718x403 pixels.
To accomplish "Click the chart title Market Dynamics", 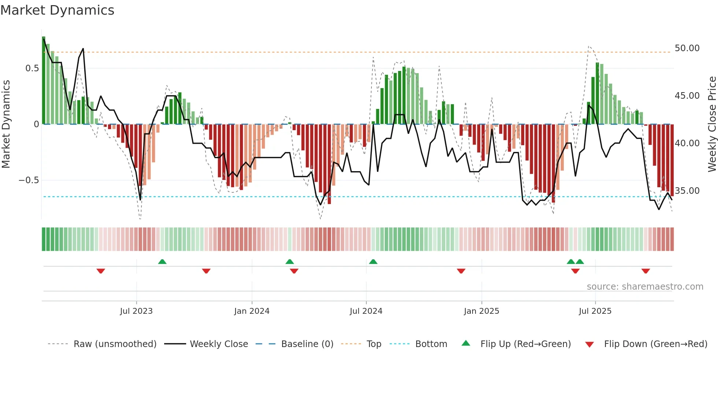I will pyautogui.click(x=58, y=10).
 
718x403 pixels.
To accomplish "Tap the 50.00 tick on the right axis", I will pyautogui.click(x=687, y=48).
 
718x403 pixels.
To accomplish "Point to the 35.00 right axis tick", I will pyautogui.click(x=687, y=191).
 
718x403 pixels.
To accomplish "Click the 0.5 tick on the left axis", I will pyautogui.click(x=32, y=68).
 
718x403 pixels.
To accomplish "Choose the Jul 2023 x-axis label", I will pyautogui.click(x=136, y=311).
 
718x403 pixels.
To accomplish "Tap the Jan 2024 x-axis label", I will pyautogui.click(x=252, y=311).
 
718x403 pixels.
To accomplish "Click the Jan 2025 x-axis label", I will pyautogui.click(x=481, y=311).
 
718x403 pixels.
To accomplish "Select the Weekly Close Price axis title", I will pyautogui.click(x=712, y=124).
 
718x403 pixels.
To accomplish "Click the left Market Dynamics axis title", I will pyautogui.click(x=6, y=124).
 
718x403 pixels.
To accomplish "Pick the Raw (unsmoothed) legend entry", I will pyautogui.click(x=115, y=344).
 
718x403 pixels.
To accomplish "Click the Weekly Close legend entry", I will pyautogui.click(x=219, y=344).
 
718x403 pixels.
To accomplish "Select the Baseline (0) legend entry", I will pyautogui.click(x=307, y=344).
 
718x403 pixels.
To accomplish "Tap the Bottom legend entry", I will pyautogui.click(x=431, y=344).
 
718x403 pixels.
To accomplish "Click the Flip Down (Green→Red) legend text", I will pyautogui.click(x=655, y=344).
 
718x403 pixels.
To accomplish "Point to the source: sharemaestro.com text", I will pyautogui.click(x=645, y=287).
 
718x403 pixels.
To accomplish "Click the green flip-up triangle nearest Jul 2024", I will pyautogui.click(x=373, y=261).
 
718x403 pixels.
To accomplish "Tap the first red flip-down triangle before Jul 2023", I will pyautogui.click(x=101, y=271).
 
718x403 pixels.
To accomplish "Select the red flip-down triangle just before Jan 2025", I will pyautogui.click(x=461, y=271).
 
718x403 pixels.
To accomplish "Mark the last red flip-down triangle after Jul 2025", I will pyautogui.click(x=645, y=271).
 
